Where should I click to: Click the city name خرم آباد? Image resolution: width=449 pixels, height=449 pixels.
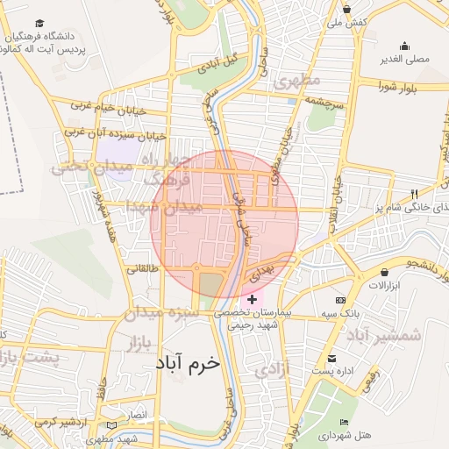pyautogui.click(x=189, y=362)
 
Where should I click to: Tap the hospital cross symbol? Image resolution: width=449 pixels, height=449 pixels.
pyautogui.click(x=253, y=300)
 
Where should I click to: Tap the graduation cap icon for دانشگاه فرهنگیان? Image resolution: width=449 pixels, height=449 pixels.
pyautogui.click(x=39, y=24)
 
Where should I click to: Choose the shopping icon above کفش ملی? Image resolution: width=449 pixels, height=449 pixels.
pyautogui.click(x=347, y=9)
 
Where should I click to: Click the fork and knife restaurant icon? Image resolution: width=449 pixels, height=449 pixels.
pyautogui.click(x=416, y=193)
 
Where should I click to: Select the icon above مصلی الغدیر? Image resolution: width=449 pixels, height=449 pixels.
pyautogui.click(x=404, y=46)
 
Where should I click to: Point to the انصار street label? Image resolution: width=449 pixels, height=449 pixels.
pyautogui.click(x=139, y=414)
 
